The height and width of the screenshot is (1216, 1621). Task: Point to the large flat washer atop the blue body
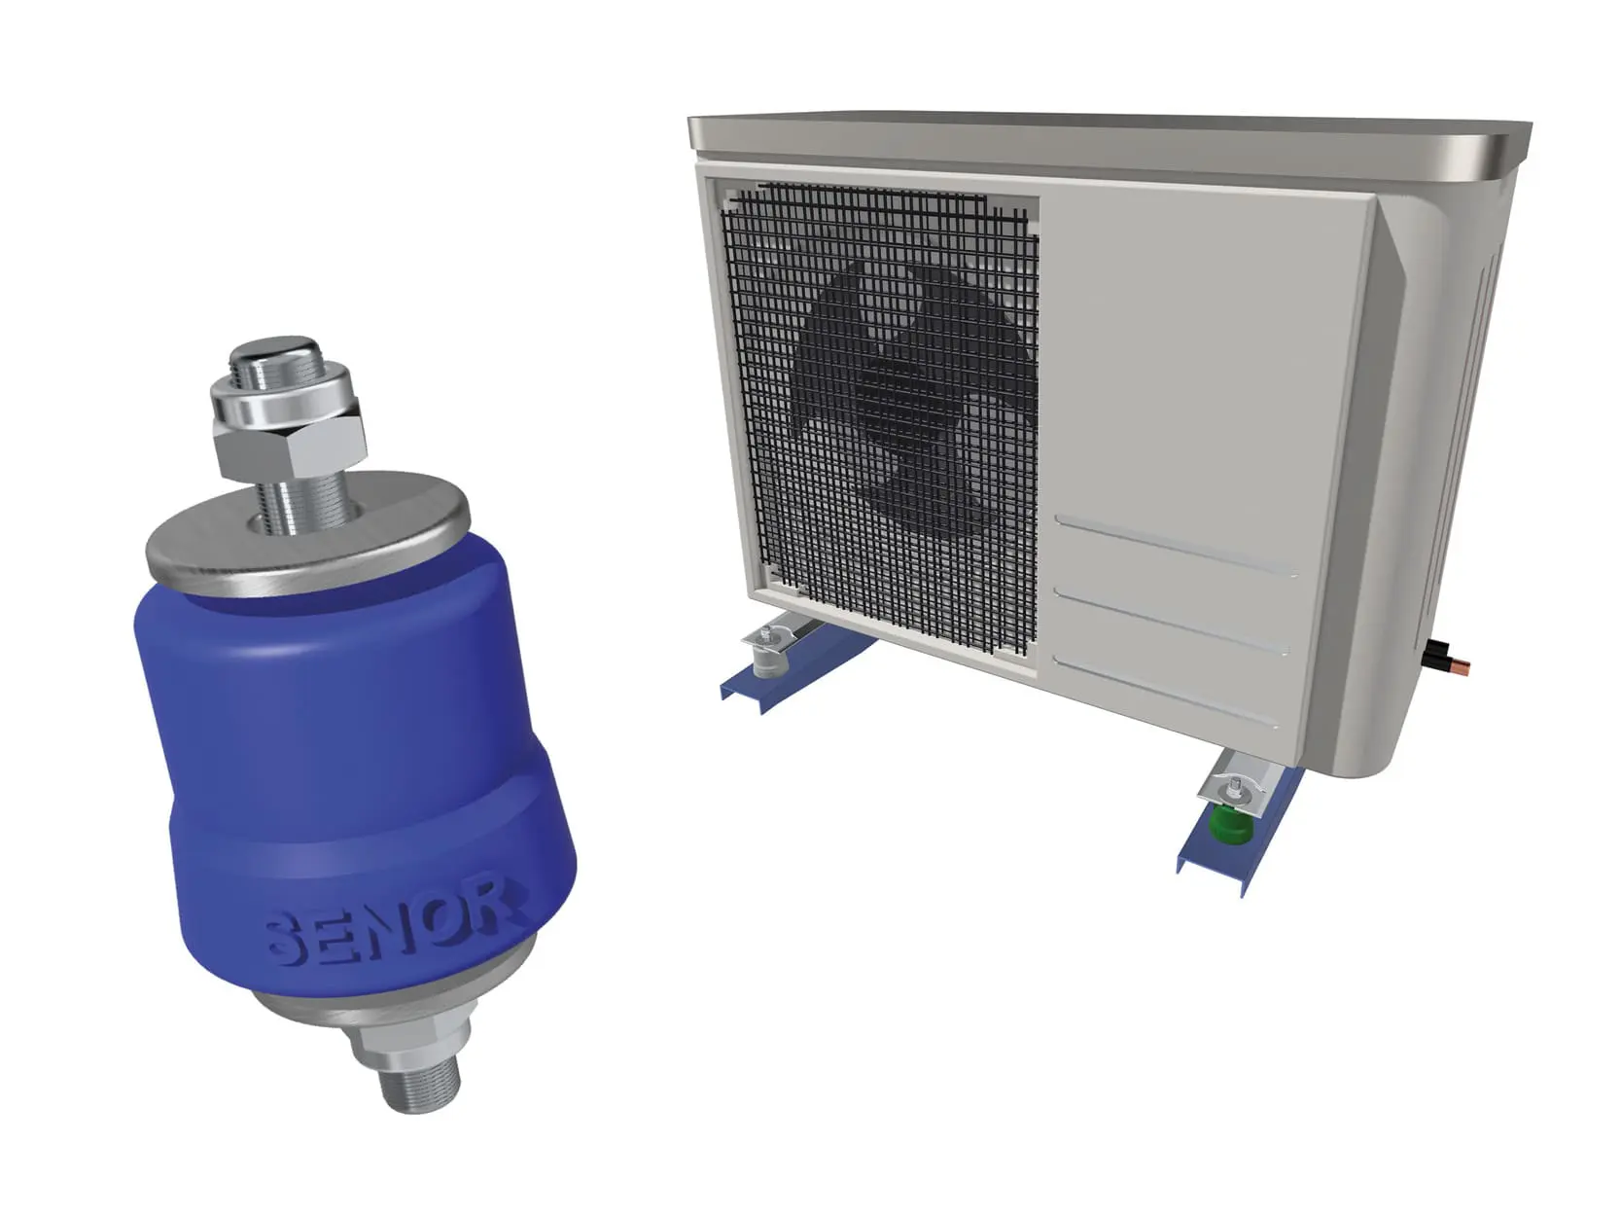pyautogui.click(x=307, y=533)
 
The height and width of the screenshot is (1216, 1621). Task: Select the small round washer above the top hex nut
pyautogui.click(x=284, y=402)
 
